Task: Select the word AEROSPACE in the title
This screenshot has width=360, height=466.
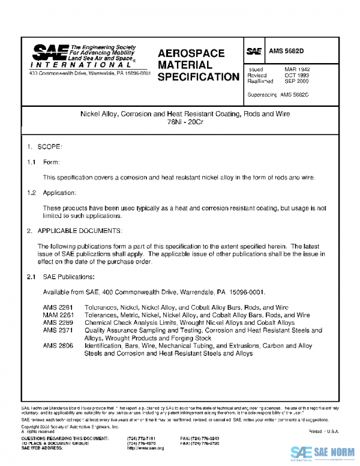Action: point(191,53)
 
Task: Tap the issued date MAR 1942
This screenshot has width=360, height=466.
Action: point(297,70)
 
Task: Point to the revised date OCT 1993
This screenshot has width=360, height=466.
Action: point(297,76)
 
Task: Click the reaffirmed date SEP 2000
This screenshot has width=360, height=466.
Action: point(297,81)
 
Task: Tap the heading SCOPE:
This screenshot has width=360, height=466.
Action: point(50,147)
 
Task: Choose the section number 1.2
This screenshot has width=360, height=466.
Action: point(31,193)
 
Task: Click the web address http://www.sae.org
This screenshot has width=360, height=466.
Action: point(146,449)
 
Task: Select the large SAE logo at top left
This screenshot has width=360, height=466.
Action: point(50,52)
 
